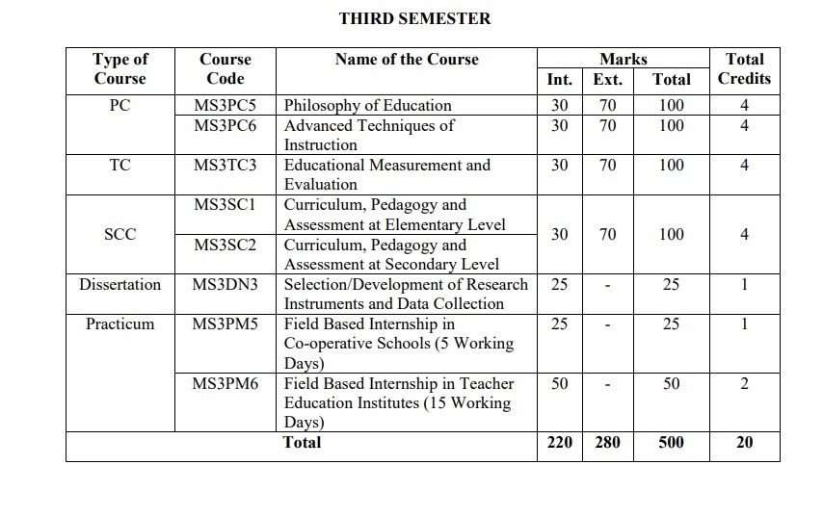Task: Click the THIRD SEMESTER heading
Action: point(414,18)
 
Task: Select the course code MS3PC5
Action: point(226,105)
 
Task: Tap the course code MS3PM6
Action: point(226,383)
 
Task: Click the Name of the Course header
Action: point(407,59)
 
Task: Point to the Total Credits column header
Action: point(744,68)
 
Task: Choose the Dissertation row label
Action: point(120,284)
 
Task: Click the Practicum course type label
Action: point(120,323)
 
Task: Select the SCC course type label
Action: point(120,234)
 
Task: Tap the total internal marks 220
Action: point(559,443)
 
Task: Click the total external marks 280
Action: point(607,443)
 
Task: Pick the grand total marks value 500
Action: point(671,443)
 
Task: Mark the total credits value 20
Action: point(744,443)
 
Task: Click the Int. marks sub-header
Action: point(559,80)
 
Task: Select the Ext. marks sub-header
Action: point(607,80)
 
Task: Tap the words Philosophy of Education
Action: point(367,105)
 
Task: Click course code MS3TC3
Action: point(226,165)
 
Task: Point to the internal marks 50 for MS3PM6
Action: point(559,383)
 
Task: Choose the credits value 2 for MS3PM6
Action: point(744,383)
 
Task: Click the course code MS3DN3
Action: point(226,284)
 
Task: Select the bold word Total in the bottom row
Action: point(302,443)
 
